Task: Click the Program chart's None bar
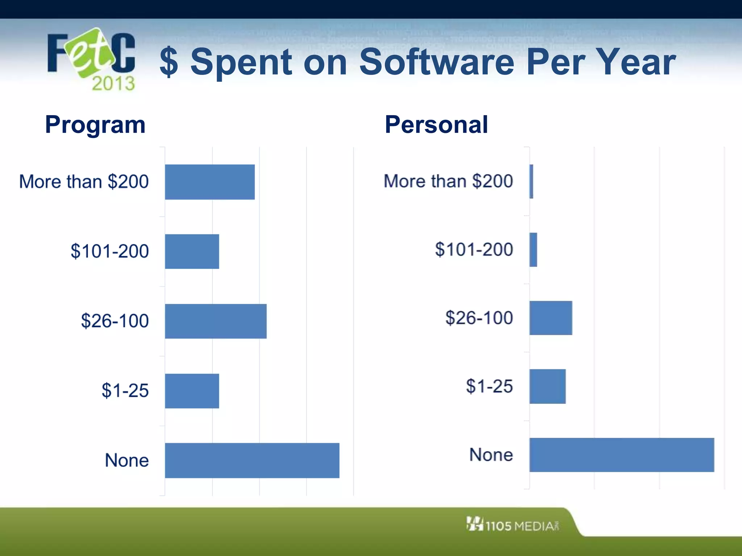click(x=252, y=460)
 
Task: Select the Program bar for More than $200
click(x=210, y=182)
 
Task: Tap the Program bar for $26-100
click(x=216, y=321)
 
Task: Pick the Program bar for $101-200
click(x=192, y=251)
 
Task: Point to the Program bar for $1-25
click(x=192, y=391)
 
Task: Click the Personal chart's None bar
click(x=622, y=455)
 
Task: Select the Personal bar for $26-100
click(x=551, y=318)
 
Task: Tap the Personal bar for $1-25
click(x=547, y=386)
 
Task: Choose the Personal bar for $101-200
click(x=533, y=250)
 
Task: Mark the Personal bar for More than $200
click(x=532, y=181)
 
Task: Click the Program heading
click(x=95, y=125)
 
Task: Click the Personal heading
click(x=436, y=125)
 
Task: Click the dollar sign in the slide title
click(x=169, y=62)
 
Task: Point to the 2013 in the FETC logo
click(x=113, y=84)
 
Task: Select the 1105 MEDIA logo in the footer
click(x=513, y=525)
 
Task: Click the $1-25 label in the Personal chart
click(x=489, y=386)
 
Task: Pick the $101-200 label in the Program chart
click(x=110, y=251)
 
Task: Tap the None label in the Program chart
click(x=127, y=460)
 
